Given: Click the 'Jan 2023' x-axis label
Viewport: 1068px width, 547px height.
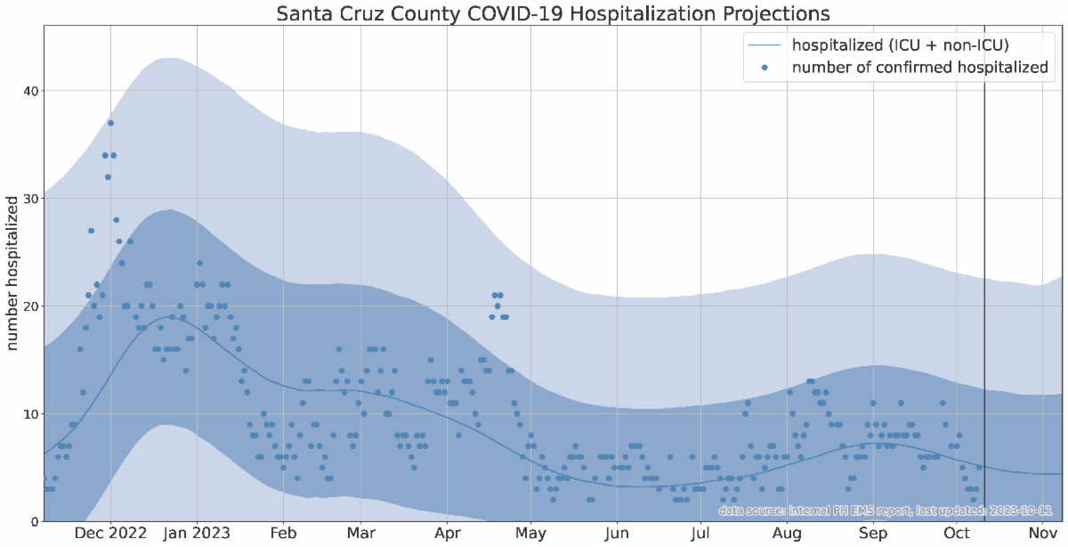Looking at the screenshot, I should [197, 534].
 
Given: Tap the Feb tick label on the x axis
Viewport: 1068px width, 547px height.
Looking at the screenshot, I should [283, 534].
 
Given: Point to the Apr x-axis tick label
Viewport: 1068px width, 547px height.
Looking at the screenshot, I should [446, 534].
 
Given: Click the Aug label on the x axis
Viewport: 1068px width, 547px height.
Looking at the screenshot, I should [789, 534].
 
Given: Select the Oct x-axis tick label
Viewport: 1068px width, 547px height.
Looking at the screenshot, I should [958, 534].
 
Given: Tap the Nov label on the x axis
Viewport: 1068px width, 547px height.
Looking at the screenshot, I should [1042, 534].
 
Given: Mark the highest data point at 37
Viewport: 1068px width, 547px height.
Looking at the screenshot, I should [110, 123].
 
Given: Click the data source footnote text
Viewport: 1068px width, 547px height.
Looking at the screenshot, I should [886, 511].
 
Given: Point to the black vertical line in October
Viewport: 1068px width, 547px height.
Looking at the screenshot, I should [984, 267].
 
